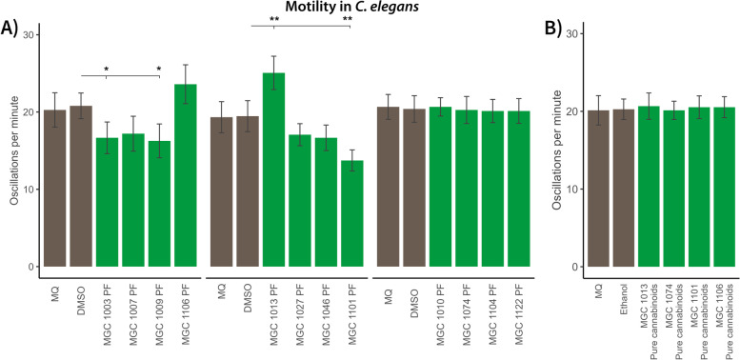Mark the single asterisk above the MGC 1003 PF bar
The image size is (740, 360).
click(x=106, y=70)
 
